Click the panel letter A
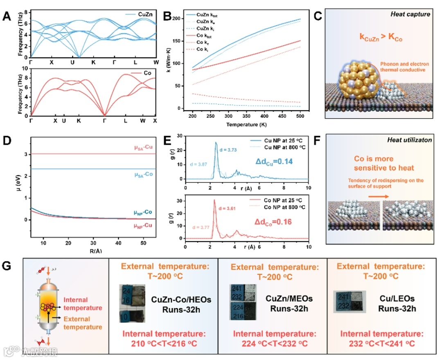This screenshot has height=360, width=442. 7,17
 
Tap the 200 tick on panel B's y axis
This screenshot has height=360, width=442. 177,19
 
